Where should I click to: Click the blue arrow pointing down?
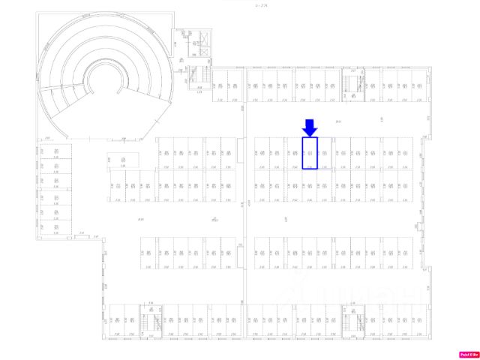(x=310, y=127)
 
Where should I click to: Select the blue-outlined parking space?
(x=310, y=153)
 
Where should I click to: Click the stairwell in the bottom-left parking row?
(x=154, y=323)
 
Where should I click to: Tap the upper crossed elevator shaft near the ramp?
(x=196, y=43)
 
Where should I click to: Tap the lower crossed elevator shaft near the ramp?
(x=196, y=58)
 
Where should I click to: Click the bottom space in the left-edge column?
(x=56, y=223)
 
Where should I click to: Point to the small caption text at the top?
(x=261, y=6)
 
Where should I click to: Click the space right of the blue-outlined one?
(x=325, y=153)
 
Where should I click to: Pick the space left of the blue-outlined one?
(x=294, y=153)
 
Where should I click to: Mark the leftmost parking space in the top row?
(x=220, y=85)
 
